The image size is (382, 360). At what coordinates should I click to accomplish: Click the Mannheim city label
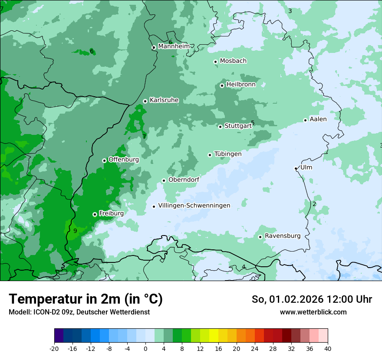174,46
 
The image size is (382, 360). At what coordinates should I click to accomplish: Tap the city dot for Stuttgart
220,127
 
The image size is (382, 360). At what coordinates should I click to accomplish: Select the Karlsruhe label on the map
164,100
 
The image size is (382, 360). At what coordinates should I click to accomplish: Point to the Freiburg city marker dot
95,214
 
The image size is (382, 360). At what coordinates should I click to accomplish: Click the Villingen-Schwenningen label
194,206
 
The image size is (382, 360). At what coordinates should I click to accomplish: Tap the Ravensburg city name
282,236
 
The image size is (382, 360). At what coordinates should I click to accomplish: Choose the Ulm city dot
296,168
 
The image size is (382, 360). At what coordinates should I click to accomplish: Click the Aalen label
318,119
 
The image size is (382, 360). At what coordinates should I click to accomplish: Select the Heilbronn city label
241,85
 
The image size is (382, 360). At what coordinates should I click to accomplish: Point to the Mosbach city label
233,61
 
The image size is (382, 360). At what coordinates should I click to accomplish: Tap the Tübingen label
227,154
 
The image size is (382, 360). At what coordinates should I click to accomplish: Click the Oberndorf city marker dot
164,180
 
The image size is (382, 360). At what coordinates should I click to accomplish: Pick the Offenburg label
124,160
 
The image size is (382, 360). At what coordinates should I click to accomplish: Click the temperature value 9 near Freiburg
75,231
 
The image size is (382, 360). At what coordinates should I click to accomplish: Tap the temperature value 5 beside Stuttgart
253,123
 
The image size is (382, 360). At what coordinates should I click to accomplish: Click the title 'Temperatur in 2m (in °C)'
86,299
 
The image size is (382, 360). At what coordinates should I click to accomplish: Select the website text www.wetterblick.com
313,312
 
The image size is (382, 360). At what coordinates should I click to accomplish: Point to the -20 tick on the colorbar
54,349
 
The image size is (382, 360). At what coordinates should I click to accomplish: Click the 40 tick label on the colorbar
328,349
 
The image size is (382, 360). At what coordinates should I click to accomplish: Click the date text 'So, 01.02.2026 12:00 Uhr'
312,299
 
